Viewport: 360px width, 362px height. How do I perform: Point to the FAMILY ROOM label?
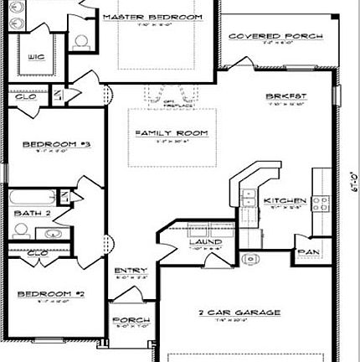[172, 133]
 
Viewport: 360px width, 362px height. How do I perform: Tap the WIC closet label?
[34, 58]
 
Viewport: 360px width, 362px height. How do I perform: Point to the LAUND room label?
[205, 242]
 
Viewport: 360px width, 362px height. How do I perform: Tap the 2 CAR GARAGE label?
[227, 313]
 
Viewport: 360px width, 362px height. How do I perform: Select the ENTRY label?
[125, 269]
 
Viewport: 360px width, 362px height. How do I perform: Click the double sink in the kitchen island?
[249, 199]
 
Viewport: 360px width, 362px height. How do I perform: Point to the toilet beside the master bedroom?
[81, 39]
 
